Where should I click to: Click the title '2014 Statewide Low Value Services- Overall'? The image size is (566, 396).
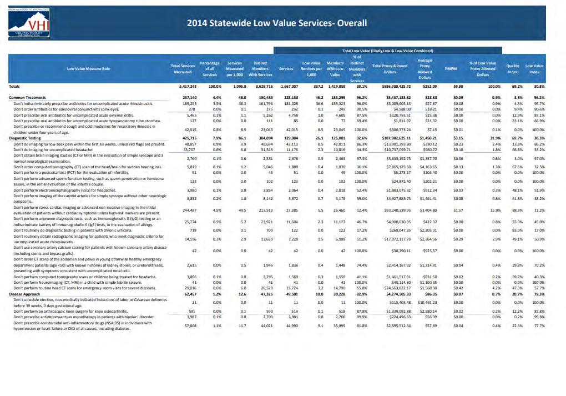click(276, 23)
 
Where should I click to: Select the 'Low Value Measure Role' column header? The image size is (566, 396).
click(89, 68)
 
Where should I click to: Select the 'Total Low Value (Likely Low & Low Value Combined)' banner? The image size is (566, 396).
click(391, 51)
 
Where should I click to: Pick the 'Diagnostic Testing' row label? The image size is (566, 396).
click(25, 138)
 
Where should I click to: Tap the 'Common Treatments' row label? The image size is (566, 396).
click(28, 97)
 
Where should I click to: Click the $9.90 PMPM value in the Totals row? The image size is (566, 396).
click(458, 87)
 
